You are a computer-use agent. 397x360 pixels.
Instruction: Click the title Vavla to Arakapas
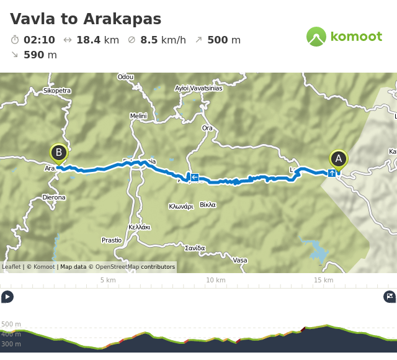coord(86,19)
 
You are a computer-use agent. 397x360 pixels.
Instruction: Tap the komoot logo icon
coord(316,37)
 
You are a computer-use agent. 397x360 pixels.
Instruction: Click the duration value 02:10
coord(39,40)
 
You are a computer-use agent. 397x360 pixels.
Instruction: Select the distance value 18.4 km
coord(97,40)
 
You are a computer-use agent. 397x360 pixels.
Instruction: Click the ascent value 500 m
coord(223,40)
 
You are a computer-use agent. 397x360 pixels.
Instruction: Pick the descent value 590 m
coord(40,55)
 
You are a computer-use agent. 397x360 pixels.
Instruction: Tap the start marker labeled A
coord(338,159)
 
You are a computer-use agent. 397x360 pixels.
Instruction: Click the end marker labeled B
coord(58,153)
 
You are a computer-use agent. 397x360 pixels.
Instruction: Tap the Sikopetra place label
coord(57,91)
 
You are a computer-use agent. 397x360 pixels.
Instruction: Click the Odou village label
coord(125,78)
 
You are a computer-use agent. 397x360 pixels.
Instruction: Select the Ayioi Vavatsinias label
coord(198,88)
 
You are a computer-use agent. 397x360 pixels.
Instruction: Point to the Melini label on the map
coord(138,116)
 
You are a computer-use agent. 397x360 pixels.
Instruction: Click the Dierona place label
coord(53,197)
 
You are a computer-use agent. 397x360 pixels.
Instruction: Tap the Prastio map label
coord(112,240)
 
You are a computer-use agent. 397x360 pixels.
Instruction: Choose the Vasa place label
coord(239,260)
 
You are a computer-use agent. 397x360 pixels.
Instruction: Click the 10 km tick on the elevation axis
coord(215,280)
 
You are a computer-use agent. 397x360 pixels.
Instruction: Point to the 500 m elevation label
coord(11,324)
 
